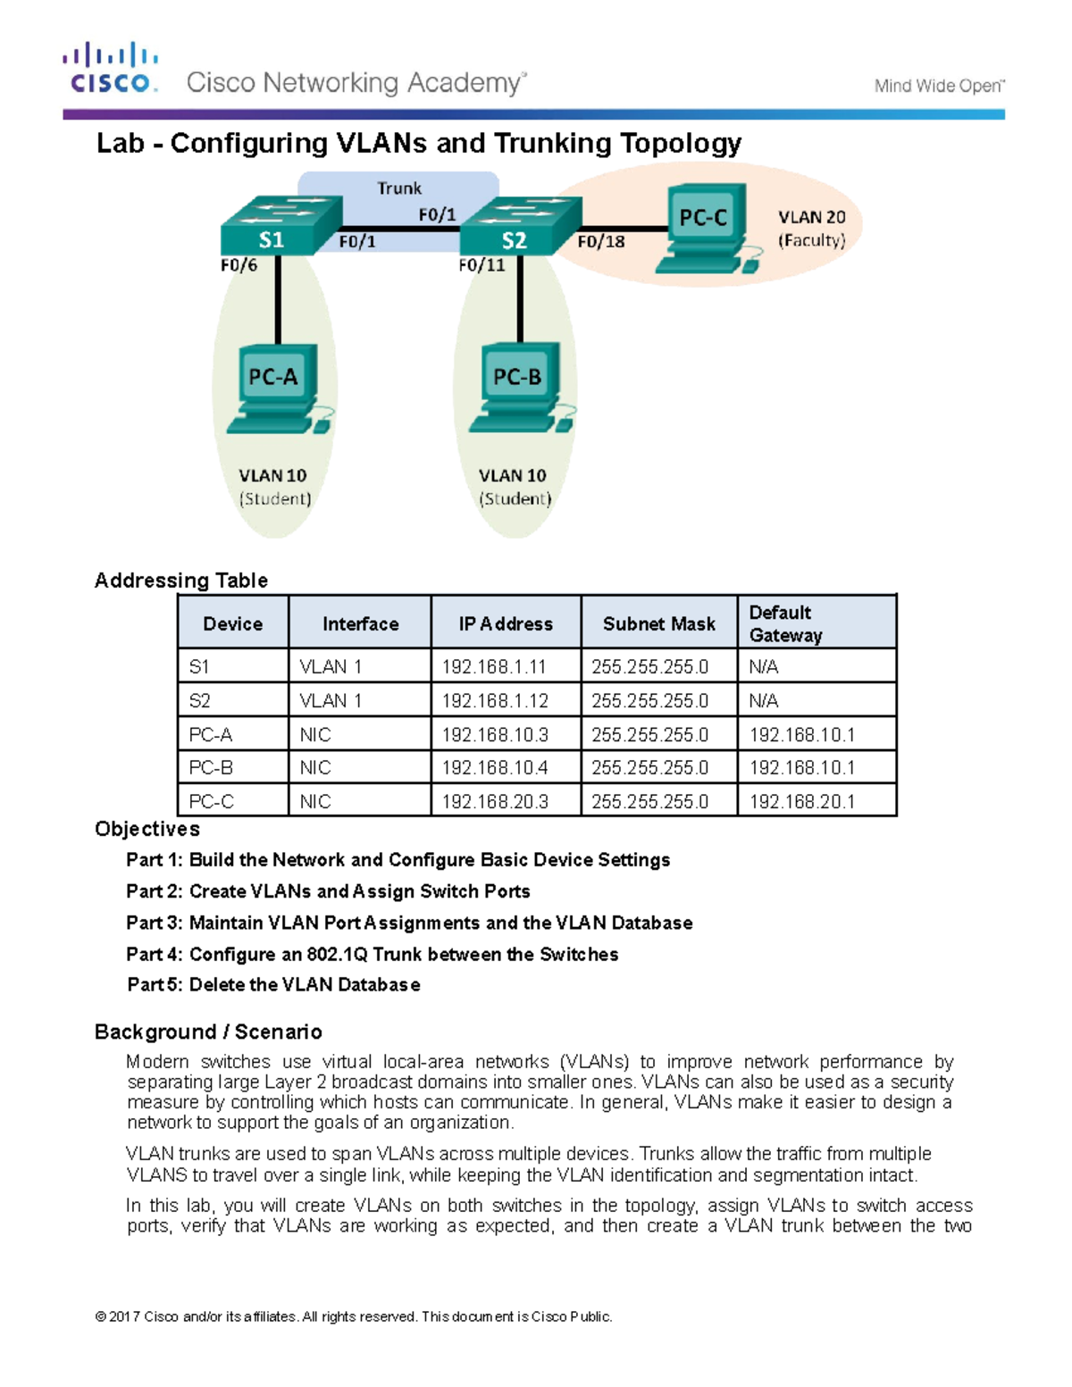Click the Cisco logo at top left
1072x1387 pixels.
[x=111, y=68]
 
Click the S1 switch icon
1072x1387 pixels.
[x=281, y=225]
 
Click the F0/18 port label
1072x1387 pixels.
[x=600, y=241]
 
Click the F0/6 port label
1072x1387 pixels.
[x=239, y=265]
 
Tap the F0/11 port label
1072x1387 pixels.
[x=482, y=265]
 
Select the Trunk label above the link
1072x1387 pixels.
[x=398, y=188]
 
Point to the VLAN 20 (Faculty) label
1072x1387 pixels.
[x=811, y=229]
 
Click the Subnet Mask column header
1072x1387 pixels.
[x=658, y=623]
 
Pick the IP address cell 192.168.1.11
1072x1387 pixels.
[x=494, y=666]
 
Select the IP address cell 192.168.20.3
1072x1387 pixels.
[x=495, y=801]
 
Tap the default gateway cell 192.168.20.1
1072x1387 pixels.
[x=801, y=801]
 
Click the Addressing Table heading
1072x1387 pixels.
[x=181, y=581]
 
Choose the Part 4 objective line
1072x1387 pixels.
[x=372, y=954]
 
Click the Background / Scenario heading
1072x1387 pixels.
[x=208, y=1032]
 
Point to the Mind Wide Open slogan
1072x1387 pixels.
[x=939, y=86]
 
